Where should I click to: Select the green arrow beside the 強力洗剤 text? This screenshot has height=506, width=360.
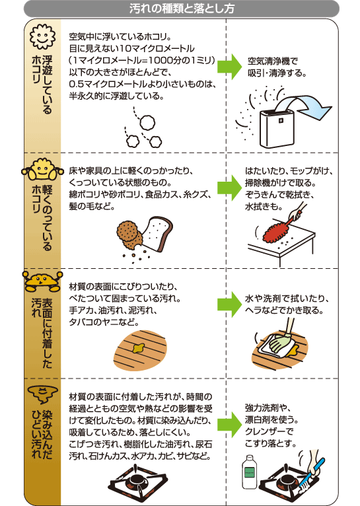229,423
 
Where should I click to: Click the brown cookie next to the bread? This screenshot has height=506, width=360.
128,232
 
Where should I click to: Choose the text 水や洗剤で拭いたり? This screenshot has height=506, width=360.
285,298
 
